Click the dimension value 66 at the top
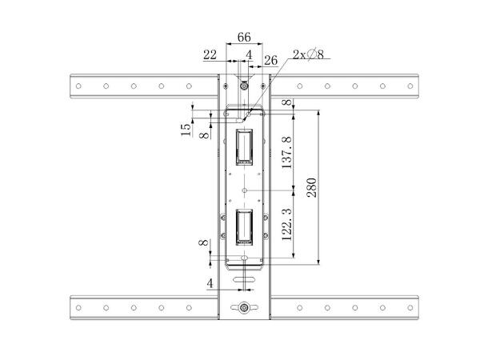(243, 38)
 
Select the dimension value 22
(210, 54)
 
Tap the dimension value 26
(270, 59)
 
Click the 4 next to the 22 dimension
(249, 54)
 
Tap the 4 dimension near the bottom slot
(210, 282)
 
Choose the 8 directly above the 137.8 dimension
(286, 104)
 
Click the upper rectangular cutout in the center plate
(244, 146)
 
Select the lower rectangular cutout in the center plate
(244, 225)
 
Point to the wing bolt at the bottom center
(244, 307)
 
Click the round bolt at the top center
(245, 84)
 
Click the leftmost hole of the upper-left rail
(78, 86)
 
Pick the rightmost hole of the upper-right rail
(410, 86)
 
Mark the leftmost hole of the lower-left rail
(78, 307)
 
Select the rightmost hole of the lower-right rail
(410, 307)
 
